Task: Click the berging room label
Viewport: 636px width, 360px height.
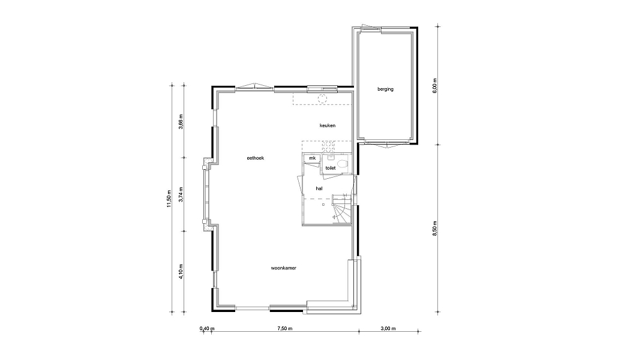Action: (385, 89)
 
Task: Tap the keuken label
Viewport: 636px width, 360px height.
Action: (328, 125)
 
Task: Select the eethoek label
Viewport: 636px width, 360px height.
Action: (256, 158)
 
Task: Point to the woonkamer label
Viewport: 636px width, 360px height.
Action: (284, 268)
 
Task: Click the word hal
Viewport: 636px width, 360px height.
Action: (319, 188)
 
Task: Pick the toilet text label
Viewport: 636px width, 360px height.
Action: (331, 168)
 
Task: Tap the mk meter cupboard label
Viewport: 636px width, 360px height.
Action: (313, 158)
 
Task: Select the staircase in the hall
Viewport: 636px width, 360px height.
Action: (341, 209)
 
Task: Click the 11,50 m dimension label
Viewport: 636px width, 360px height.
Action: (169, 199)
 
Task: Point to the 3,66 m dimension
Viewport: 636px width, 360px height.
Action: (181, 122)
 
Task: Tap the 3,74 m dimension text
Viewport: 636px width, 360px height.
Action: (181, 194)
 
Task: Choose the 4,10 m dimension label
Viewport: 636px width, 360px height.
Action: (181, 271)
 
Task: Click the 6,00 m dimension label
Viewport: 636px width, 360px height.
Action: (435, 86)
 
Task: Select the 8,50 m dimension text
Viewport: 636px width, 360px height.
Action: (435, 229)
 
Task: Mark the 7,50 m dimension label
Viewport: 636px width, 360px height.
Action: (285, 328)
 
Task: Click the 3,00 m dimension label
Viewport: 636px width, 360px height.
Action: (388, 328)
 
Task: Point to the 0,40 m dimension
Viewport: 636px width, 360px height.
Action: (207, 328)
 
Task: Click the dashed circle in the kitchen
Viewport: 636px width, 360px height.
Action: (322, 98)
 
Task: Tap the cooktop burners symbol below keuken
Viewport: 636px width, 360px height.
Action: (328, 146)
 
